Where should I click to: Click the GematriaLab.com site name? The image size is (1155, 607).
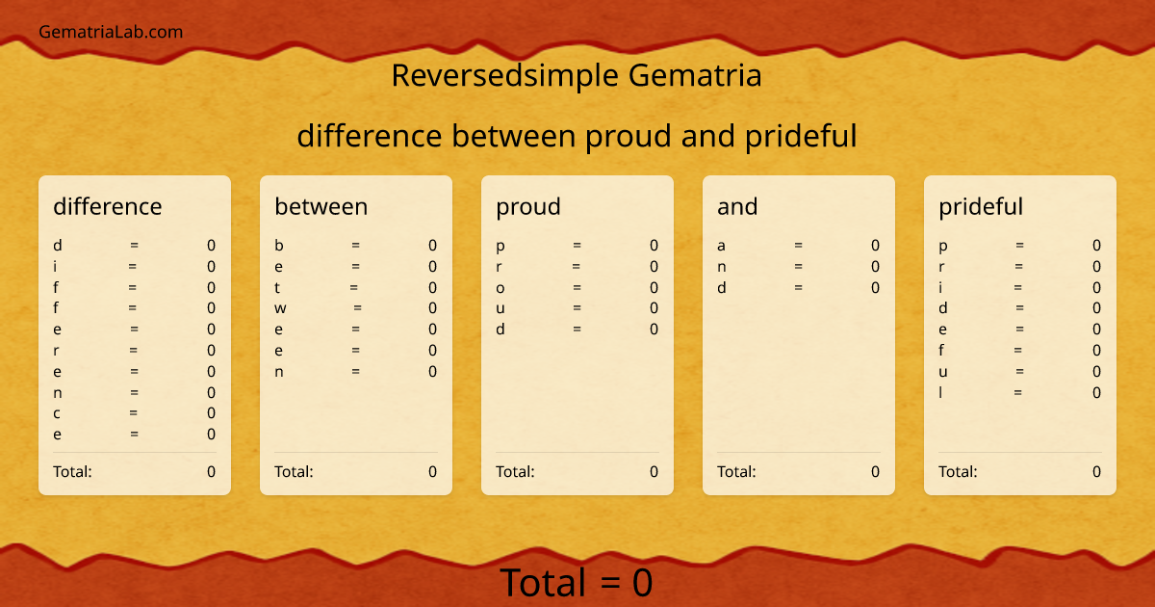[x=111, y=32]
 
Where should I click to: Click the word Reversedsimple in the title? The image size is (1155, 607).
[x=506, y=75]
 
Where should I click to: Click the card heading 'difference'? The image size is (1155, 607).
[x=108, y=206]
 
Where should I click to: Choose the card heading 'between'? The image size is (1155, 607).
[x=321, y=206]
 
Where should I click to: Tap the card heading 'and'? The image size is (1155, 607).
[x=737, y=206]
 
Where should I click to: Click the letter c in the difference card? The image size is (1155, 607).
[x=57, y=413]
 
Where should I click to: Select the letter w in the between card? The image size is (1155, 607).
[x=280, y=308]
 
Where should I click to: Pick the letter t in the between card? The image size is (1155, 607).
[x=277, y=287]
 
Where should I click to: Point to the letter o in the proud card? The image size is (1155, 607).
[x=500, y=287]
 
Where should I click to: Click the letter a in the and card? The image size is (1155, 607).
[x=722, y=246]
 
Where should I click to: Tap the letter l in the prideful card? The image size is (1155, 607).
[x=941, y=392]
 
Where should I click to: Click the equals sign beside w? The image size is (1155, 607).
[x=358, y=308]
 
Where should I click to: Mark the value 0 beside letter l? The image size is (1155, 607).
[x=1096, y=392]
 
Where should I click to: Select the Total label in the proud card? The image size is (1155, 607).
[x=515, y=471]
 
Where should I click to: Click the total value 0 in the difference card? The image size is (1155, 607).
[x=211, y=471]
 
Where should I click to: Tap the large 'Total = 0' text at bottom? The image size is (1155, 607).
[x=577, y=583]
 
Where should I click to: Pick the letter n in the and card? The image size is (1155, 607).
[x=722, y=267]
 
